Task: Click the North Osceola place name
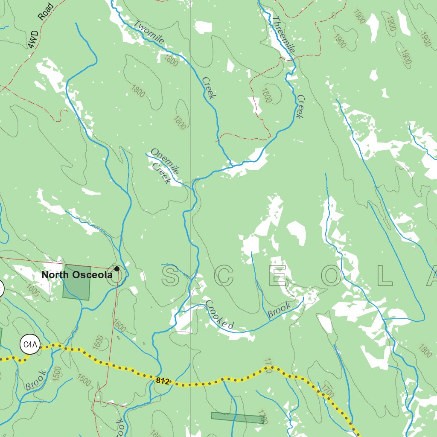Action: pos(77,275)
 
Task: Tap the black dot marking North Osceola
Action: pos(117,269)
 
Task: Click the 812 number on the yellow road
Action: pos(163,381)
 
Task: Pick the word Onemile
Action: pos(164,161)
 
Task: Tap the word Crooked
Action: pos(219,315)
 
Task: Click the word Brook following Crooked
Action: pos(279,310)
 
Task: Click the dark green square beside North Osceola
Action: pos(76,282)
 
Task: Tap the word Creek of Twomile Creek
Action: pos(209,88)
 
